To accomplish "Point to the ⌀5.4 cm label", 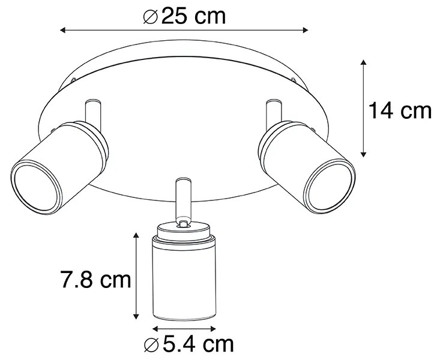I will (188, 344).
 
